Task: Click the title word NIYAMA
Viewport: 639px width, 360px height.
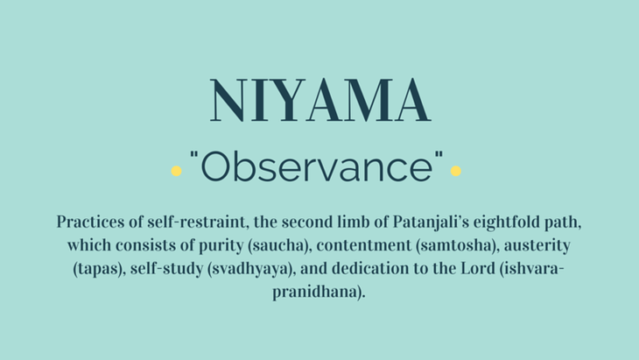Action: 320,101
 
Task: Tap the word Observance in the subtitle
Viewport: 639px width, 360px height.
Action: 317,166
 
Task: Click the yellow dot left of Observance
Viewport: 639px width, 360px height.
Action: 176,171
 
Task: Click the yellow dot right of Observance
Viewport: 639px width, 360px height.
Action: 455,171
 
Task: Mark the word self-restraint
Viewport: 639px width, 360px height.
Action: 197,222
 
